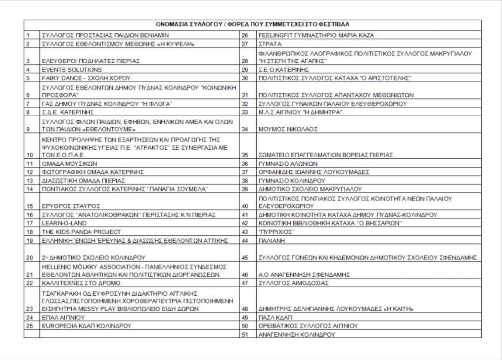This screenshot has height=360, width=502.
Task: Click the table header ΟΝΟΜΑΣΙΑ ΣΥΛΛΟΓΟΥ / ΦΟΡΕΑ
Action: [x=252, y=24]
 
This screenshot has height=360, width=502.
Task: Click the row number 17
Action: [x=31, y=223]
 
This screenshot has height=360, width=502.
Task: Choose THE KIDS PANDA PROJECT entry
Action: [x=81, y=232]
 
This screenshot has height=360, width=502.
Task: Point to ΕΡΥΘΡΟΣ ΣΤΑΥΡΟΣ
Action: [x=71, y=206]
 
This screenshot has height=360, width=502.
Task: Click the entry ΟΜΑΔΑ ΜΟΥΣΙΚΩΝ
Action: [x=69, y=164]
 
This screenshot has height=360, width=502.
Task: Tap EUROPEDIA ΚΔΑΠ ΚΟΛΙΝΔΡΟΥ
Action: [x=86, y=326]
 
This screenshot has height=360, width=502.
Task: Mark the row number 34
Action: [x=244, y=130]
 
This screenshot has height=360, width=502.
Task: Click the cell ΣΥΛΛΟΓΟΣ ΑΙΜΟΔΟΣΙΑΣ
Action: [x=294, y=283]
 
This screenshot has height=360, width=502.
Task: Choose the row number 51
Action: [x=244, y=335]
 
